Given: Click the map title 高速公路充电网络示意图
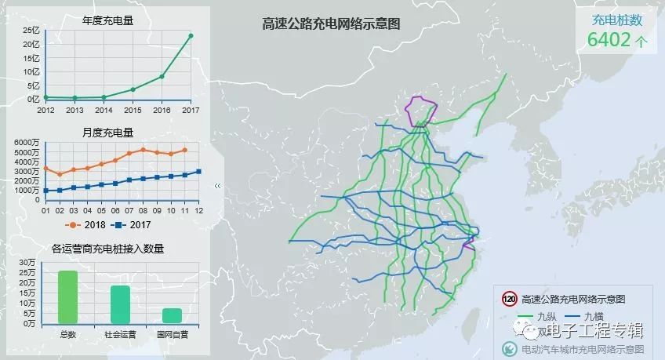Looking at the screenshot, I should pos(331,24).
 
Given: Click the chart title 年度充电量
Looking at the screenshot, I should pos(107,20).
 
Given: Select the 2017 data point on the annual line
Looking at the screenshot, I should pos(191,36).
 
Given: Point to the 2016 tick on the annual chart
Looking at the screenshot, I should pos(162,111).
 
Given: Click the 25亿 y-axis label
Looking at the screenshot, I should pos(31,31).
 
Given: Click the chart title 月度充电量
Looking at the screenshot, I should pos(107,133).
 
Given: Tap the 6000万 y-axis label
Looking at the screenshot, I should pos(27,143).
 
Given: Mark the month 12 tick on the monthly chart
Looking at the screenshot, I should pos(198,210).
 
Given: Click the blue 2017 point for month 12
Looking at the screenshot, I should pos(198,171).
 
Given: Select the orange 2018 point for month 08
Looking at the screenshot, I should pos(143,149).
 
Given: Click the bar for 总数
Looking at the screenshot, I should pos(68,296).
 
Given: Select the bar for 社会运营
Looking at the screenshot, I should pos(120,304).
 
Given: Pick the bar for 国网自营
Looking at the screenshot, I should pos(172,315).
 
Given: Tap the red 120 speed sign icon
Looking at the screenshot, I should pos(510,299).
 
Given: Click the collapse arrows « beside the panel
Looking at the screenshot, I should pos(217,186).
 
